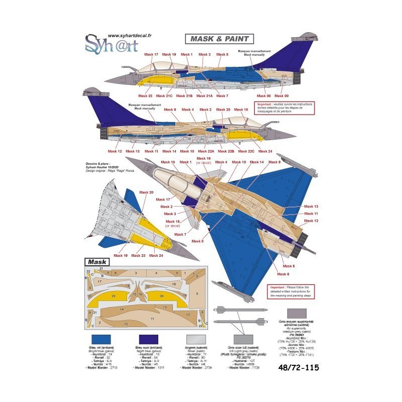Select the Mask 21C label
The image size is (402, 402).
tap(164, 95)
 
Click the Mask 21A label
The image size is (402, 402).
tap(205, 95)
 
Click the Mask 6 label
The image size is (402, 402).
tap(284, 274)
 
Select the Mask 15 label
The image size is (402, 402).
tap(172, 221)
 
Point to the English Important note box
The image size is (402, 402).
tap(288, 291)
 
